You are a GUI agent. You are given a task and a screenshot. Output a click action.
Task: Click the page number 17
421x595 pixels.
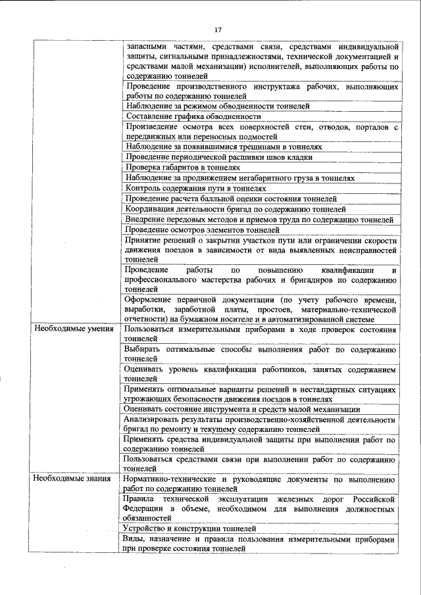(x=218, y=29)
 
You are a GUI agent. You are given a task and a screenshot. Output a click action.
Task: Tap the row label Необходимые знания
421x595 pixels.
(x=71, y=479)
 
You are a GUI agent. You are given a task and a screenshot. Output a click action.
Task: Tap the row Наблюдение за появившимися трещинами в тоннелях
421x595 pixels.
(x=223, y=147)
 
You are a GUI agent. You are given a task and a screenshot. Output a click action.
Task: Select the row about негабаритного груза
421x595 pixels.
(x=239, y=178)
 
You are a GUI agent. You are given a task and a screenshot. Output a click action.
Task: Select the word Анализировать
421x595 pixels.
(x=155, y=419)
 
